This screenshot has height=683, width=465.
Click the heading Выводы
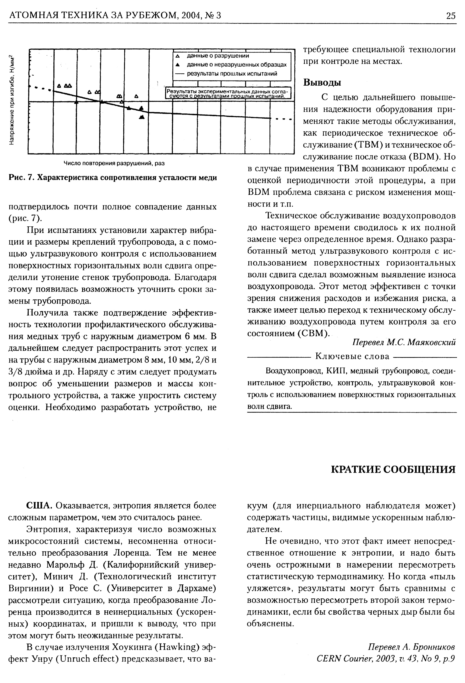(x=322, y=82)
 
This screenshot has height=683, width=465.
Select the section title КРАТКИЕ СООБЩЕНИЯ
(x=393, y=469)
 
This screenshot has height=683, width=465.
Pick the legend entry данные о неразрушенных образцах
(x=236, y=65)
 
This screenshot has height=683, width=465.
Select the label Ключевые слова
(x=352, y=357)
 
